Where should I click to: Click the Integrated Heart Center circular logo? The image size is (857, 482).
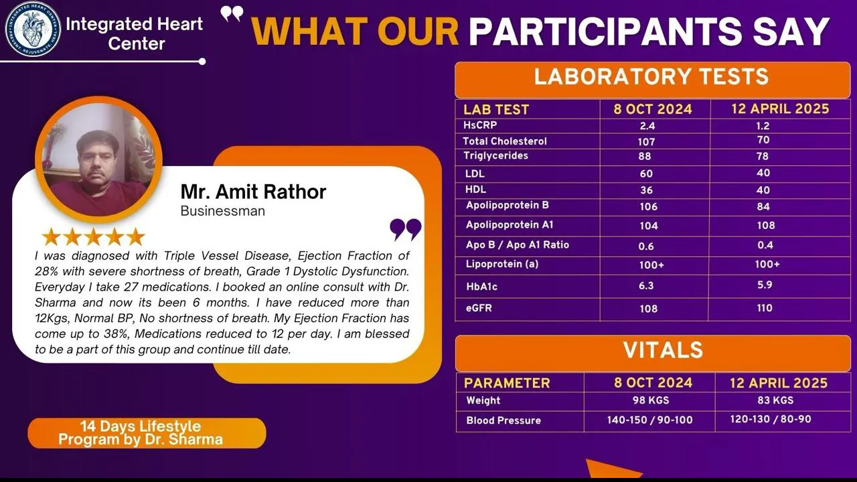[x=33, y=29]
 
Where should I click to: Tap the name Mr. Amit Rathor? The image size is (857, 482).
[x=253, y=191]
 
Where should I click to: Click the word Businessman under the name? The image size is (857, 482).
[x=223, y=211]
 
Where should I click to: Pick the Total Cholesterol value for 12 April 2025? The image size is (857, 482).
[x=763, y=140]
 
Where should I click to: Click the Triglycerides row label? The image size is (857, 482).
[x=496, y=156]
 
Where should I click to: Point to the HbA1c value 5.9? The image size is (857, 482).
[x=765, y=285]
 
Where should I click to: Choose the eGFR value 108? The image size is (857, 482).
[x=649, y=309]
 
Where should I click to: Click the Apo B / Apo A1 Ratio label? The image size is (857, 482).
[x=518, y=245]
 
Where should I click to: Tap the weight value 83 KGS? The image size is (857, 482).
[x=775, y=400]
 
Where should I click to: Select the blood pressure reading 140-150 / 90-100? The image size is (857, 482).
[x=649, y=420]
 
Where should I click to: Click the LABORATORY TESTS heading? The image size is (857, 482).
[x=651, y=76]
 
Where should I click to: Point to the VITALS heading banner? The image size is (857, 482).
[x=653, y=353]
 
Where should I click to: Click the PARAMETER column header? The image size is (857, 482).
[x=507, y=383]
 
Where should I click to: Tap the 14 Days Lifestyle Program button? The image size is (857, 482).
[x=147, y=433]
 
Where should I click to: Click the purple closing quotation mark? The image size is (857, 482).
[x=406, y=230]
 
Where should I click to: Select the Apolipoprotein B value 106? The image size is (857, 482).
[x=649, y=207]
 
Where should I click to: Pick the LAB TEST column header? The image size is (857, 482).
[x=496, y=110]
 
